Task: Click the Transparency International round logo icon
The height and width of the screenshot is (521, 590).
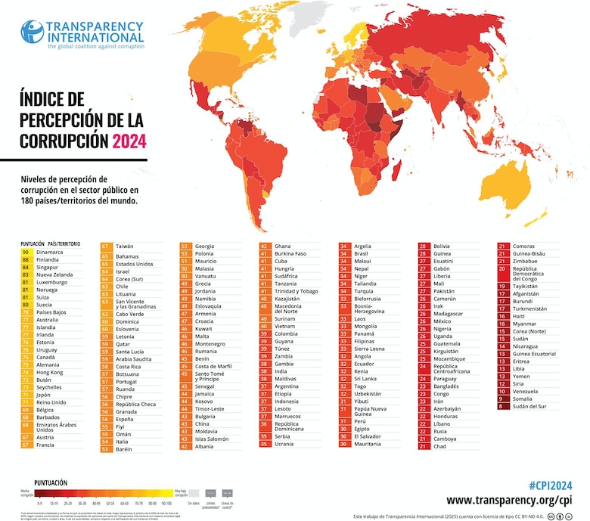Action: tap(32, 31)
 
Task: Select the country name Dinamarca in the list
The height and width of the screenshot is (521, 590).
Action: tap(49, 252)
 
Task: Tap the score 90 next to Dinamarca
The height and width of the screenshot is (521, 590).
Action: tap(26, 252)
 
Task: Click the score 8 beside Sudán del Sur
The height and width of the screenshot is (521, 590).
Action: tap(502, 405)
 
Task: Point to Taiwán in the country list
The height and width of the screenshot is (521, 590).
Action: tap(125, 246)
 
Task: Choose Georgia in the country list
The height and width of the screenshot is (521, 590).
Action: tap(204, 246)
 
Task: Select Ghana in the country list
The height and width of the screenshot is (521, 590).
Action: tap(283, 246)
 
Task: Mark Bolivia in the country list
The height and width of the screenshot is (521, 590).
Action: tap(442, 246)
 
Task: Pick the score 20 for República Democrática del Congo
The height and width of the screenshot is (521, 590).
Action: tap(502, 269)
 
